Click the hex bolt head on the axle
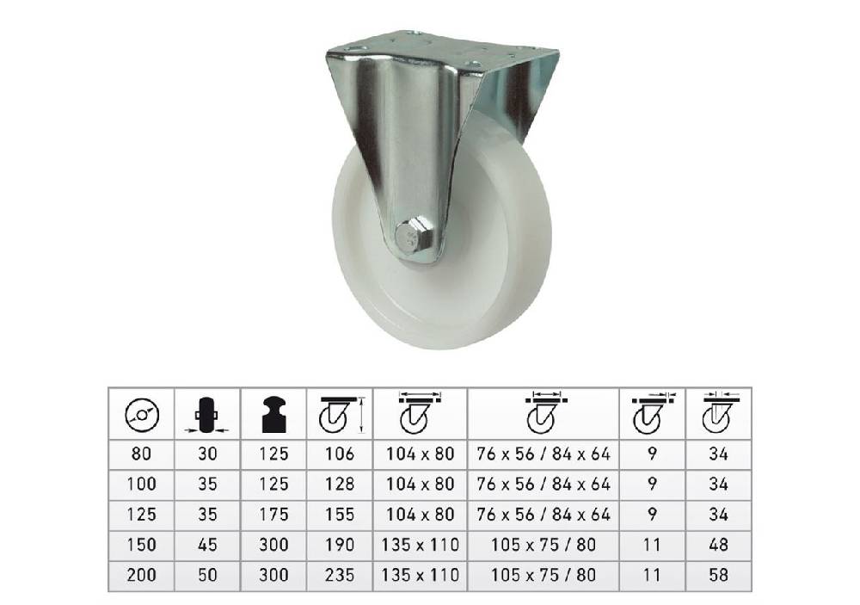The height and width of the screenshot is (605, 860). pos(415,238)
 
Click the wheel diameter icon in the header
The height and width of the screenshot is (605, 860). pos(142,415)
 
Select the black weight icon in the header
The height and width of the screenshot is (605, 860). pos(274,414)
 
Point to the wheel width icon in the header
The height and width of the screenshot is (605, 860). pos(206,415)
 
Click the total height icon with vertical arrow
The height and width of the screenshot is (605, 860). pos(341,415)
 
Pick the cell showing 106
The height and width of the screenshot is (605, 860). pos(340,454)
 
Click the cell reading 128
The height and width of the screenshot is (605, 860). pos(340,485)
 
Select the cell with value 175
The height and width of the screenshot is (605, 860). pos(273,515)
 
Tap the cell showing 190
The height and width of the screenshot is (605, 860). pos(340,545)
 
